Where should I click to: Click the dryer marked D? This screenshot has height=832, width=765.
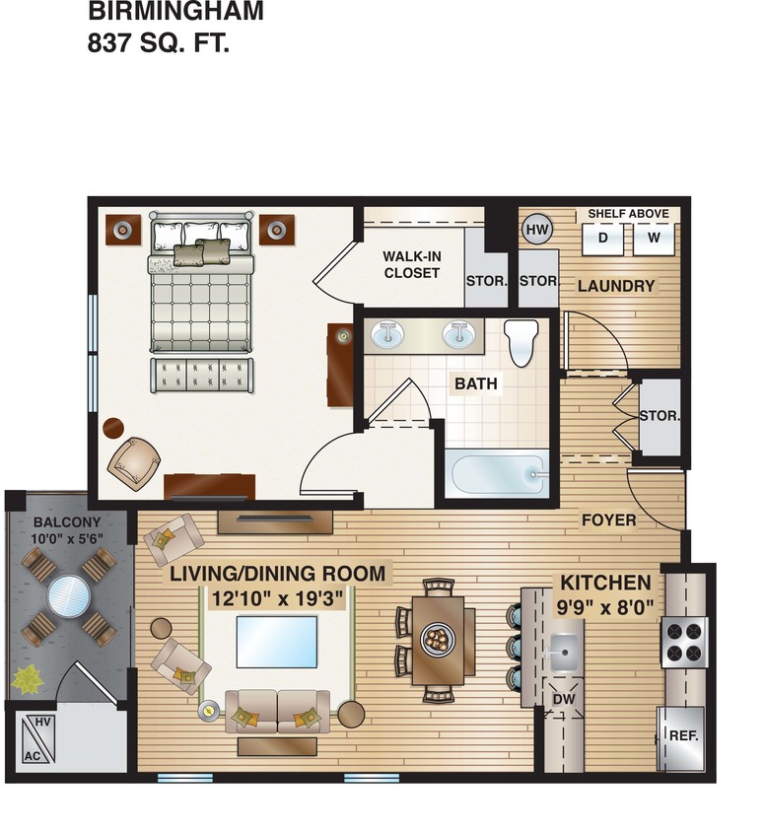pos(603,238)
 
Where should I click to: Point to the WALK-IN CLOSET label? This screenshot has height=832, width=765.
pos(411,265)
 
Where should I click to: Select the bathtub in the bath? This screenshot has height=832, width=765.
pos(497,474)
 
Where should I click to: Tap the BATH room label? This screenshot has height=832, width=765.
pos(475,383)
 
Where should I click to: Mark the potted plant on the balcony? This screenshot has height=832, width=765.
pos(29,678)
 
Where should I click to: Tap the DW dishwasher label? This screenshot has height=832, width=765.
pos(563,699)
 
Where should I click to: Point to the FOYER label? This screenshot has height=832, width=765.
pos(608,520)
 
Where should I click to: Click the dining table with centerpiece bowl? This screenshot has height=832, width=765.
pos(434,639)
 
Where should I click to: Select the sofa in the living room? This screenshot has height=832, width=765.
pos(277,712)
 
